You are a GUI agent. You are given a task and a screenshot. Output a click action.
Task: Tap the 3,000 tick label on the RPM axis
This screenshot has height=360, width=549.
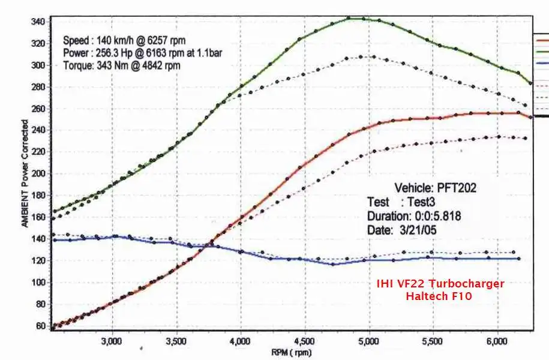pos(111,341)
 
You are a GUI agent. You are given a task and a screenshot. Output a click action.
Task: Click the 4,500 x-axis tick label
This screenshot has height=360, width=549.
pos(305,341)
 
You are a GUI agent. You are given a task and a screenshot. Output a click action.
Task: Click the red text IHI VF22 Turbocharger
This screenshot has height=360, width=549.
pos(440,284)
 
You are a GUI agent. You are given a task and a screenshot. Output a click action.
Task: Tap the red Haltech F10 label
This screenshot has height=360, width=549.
pos(440,295)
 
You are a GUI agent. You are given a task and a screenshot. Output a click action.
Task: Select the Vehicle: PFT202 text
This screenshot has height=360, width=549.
pos(435,188)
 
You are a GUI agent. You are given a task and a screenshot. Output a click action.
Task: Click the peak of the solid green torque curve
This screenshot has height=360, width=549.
pos(354,18)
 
